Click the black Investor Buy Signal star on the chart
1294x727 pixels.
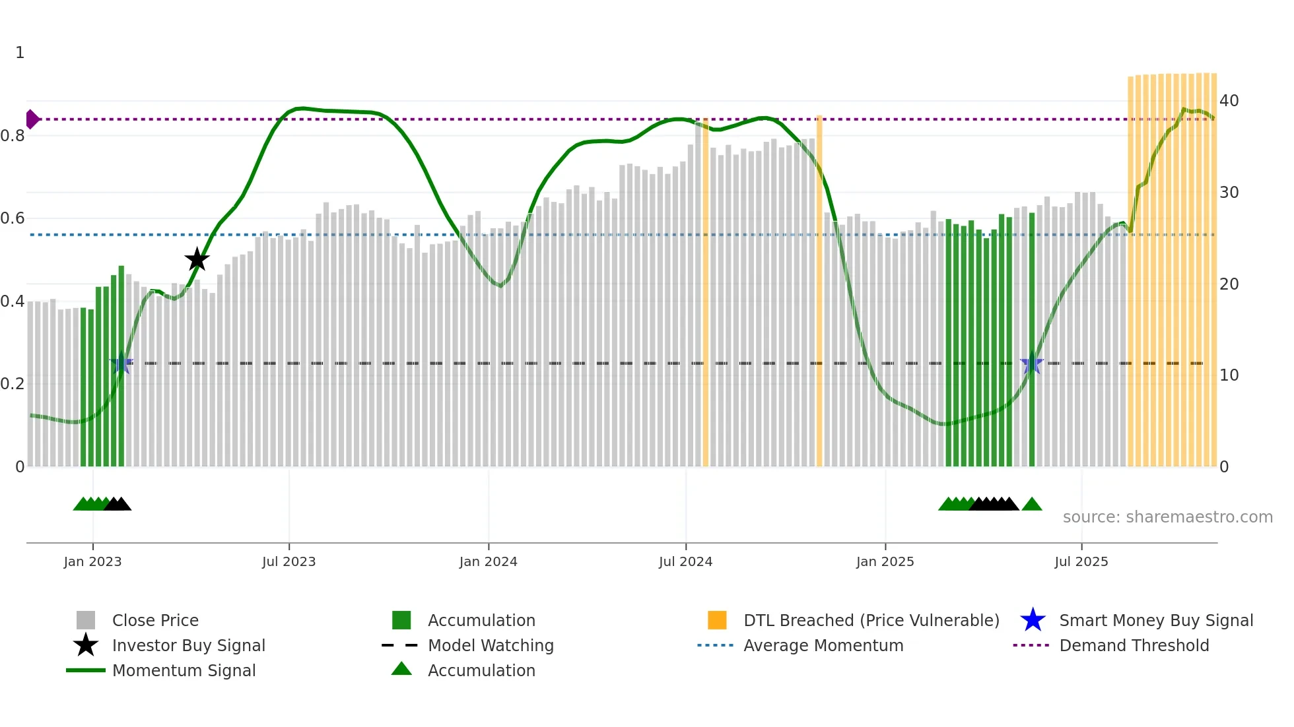click(x=197, y=259)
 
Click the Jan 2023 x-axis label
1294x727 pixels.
click(x=92, y=561)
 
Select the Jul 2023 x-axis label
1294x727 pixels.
click(x=289, y=561)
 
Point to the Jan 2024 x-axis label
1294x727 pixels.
click(x=488, y=561)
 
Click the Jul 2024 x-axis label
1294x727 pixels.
click(x=685, y=561)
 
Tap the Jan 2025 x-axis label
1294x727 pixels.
click(x=885, y=561)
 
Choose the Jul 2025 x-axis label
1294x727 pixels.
click(x=1081, y=561)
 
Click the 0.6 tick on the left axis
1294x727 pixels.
click(x=13, y=218)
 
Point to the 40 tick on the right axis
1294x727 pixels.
click(x=1229, y=101)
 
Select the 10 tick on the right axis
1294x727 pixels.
click(x=1229, y=375)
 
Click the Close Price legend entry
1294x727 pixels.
click(x=155, y=620)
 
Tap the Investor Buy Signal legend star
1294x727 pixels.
click(x=86, y=645)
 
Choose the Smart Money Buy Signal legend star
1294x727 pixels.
click(x=1033, y=620)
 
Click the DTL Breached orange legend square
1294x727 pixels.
click(x=717, y=620)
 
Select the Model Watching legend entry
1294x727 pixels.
click(x=491, y=645)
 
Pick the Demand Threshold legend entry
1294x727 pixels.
click(x=1134, y=645)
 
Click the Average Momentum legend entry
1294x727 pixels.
click(x=823, y=645)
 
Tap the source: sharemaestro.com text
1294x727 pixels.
click(x=1167, y=517)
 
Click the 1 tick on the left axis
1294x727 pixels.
click(x=20, y=53)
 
